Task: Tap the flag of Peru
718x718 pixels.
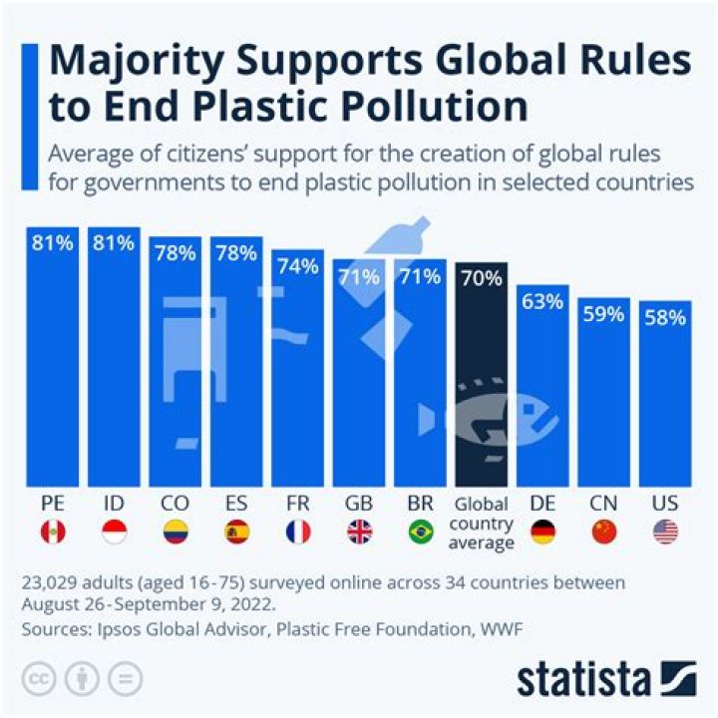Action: pyautogui.click(x=52, y=533)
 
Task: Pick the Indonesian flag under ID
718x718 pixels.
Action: pyautogui.click(x=114, y=533)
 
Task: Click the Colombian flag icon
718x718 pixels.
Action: pyautogui.click(x=175, y=533)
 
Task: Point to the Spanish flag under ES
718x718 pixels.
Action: pyautogui.click(x=236, y=533)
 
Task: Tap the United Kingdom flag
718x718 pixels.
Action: pyautogui.click(x=359, y=533)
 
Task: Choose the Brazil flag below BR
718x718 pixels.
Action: pyautogui.click(x=420, y=533)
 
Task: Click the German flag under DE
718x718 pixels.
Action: pyautogui.click(x=542, y=533)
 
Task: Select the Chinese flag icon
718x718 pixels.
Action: pyautogui.click(x=603, y=533)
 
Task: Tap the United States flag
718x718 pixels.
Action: pyautogui.click(x=665, y=533)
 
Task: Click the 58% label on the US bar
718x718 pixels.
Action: pyautogui.click(x=665, y=318)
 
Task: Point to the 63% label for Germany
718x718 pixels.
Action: pyautogui.click(x=542, y=301)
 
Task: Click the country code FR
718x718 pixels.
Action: pyautogui.click(x=297, y=504)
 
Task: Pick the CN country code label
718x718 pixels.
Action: pyautogui.click(x=603, y=504)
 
